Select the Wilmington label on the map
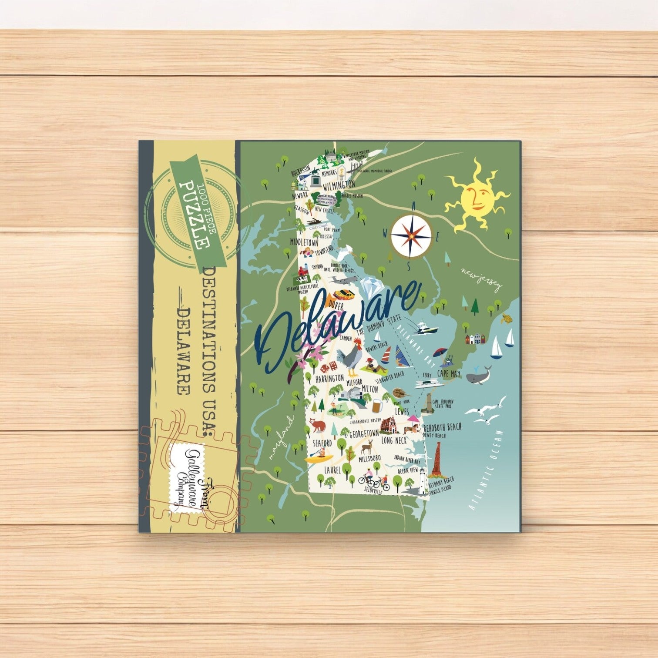339,185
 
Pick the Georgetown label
364,434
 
